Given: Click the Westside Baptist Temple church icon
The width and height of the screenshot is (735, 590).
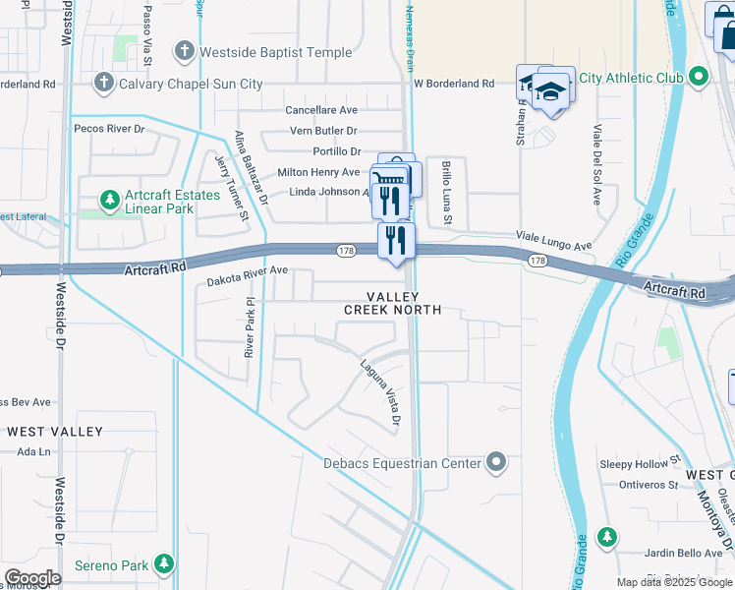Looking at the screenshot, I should coord(185,51).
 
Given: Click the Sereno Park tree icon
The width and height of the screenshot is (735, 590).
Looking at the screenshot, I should coord(166,564).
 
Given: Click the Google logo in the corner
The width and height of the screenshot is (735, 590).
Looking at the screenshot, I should coord(32,578).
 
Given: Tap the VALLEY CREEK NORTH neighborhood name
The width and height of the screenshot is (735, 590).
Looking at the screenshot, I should coord(393,303).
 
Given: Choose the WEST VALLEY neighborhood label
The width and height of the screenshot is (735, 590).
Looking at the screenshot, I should coord(55,432).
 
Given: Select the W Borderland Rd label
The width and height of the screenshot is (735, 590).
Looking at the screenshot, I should coord(453,85).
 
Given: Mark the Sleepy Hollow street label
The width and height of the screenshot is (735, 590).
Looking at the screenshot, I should coord(634,463).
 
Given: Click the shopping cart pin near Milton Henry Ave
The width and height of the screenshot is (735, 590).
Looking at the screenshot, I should coord(389,179).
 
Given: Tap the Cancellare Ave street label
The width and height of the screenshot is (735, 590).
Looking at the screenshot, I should coord(321,110).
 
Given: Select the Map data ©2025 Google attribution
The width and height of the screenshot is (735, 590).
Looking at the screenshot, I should coord(674,582).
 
